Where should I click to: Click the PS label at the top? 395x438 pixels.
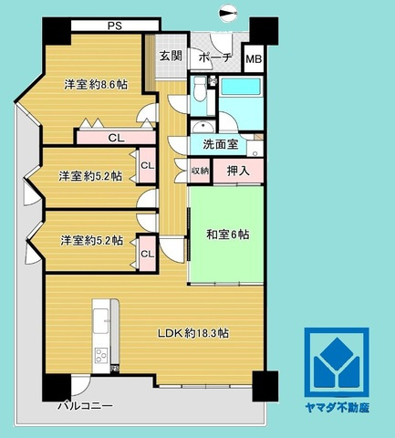(x=115, y=26)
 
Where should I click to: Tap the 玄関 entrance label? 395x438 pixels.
(x=171, y=56)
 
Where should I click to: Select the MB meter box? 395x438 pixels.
(x=254, y=58)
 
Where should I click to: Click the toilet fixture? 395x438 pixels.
(x=200, y=89)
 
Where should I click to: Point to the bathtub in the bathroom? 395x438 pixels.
(x=241, y=87)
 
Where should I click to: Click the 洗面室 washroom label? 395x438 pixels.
(x=220, y=144)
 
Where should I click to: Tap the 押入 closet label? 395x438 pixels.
(x=238, y=171)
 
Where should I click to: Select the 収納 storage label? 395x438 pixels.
(x=200, y=171)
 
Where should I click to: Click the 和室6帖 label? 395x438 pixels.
(x=228, y=235)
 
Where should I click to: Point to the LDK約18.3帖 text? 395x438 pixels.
(x=193, y=333)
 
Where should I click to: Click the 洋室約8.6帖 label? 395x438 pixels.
(x=96, y=85)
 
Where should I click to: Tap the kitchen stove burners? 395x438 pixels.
(x=101, y=355)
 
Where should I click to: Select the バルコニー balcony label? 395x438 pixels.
(x=86, y=405)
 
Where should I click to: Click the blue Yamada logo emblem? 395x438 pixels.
(x=337, y=362)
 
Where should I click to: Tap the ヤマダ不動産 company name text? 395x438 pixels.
(x=337, y=408)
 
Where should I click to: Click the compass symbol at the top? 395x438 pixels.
(x=229, y=13)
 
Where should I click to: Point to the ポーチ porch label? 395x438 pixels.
(x=215, y=57)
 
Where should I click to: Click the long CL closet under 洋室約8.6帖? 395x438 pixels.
(x=116, y=138)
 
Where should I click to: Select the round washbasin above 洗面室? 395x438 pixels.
(x=202, y=127)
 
